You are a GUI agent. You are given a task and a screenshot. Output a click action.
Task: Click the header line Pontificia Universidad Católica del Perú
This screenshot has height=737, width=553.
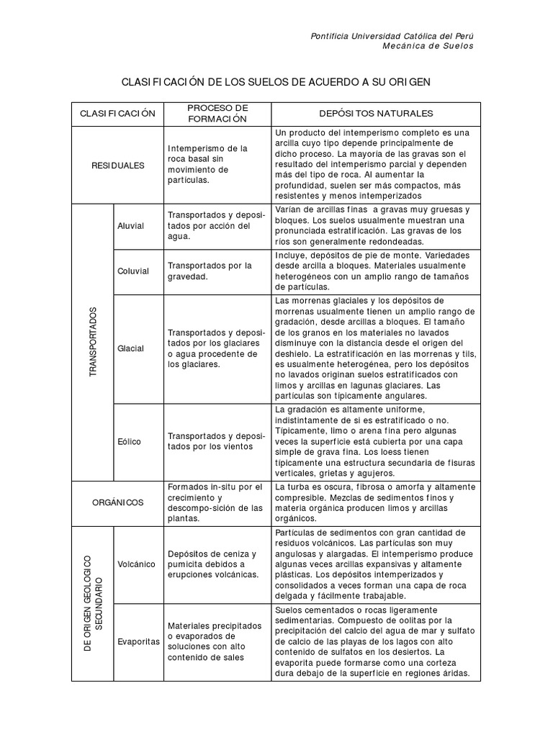pyautogui.click(x=392, y=35)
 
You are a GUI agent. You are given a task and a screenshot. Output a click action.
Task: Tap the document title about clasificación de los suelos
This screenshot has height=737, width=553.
pyautogui.click(x=276, y=82)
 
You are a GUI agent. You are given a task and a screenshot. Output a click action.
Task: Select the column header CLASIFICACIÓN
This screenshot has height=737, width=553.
pyautogui.click(x=117, y=114)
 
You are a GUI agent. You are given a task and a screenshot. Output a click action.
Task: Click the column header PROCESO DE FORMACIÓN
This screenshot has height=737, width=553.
pyautogui.click(x=217, y=113)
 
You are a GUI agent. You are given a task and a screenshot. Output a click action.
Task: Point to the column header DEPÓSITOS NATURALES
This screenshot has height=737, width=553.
pyautogui.click(x=376, y=114)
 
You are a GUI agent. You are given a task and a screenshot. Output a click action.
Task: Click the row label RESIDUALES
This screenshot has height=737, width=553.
pyautogui.click(x=117, y=165)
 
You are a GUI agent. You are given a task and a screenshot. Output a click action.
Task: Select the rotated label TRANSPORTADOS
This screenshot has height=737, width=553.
pyautogui.click(x=92, y=343)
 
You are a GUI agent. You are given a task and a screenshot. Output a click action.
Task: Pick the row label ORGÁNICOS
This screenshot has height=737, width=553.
pyautogui.click(x=117, y=502)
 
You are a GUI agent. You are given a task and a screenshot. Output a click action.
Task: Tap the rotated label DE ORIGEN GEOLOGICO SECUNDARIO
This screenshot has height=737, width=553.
pyautogui.click(x=92, y=603)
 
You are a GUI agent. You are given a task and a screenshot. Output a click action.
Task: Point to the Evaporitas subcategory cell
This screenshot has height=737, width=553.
pyautogui.click(x=138, y=641)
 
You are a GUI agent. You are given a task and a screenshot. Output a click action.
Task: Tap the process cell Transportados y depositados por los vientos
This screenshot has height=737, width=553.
pyautogui.click(x=217, y=441)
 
